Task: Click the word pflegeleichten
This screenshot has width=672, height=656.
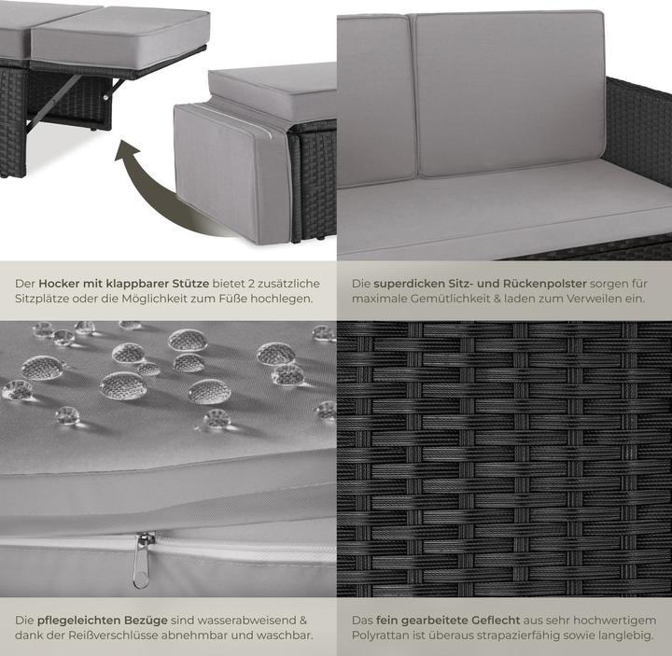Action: (x=79, y=620)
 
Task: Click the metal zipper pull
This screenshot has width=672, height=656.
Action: (x=143, y=560)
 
